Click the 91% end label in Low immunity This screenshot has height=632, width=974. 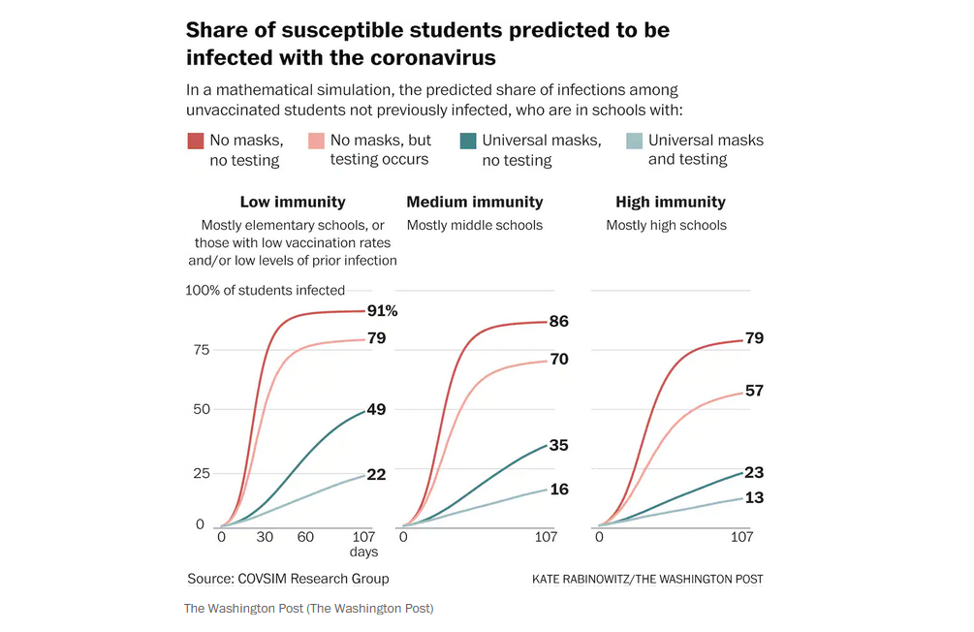(382, 311)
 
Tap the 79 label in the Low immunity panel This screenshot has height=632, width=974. (376, 338)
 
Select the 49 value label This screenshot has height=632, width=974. (376, 410)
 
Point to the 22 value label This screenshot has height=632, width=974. (376, 474)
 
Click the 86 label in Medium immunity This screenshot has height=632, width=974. (558, 322)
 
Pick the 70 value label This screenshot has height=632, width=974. (558, 360)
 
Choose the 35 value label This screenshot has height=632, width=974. (558, 446)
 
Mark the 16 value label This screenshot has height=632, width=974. (558, 490)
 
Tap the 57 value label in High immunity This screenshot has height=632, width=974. (754, 392)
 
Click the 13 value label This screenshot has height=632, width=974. (754, 498)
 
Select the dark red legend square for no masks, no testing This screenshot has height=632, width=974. (195, 142)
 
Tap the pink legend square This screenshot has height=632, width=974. (315, 142)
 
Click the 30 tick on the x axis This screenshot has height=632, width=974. (264, 538)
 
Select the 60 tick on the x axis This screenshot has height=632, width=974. (305, 538)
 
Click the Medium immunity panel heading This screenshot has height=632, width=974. (475, 203)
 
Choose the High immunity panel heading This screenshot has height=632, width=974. (671, 203)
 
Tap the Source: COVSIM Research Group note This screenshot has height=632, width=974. (288, 579)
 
